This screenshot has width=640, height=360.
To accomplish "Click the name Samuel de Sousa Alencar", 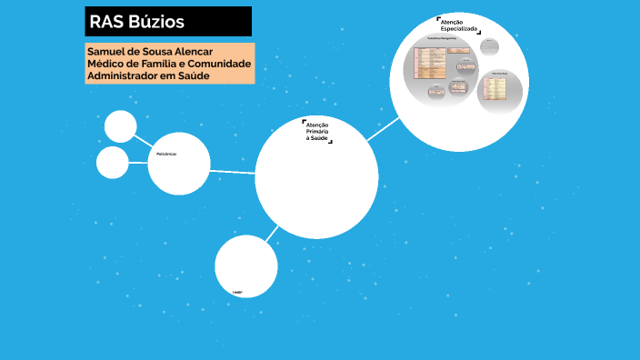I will [149, 51].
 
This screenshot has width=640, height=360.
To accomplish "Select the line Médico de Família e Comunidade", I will [169, 64].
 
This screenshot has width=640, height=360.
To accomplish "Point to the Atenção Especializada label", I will [458, 25].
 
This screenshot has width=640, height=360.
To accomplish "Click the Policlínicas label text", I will [166, 154].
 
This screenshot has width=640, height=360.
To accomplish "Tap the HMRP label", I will [237, 293].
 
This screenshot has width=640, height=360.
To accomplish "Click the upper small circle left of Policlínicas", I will [120, 126].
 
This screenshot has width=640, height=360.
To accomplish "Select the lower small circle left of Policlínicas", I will [113, 163].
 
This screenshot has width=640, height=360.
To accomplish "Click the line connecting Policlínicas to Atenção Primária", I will [233, 171].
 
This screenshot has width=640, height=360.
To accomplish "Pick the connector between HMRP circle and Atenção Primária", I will [271, 234].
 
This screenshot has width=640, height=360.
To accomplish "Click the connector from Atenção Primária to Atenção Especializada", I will [383, 128].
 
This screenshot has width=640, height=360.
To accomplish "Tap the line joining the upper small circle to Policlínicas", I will [144, 140].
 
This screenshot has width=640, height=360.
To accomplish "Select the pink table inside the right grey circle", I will [496, 89].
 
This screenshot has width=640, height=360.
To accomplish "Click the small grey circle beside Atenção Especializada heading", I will [490, 45].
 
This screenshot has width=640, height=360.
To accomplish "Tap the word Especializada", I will [458, 30].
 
